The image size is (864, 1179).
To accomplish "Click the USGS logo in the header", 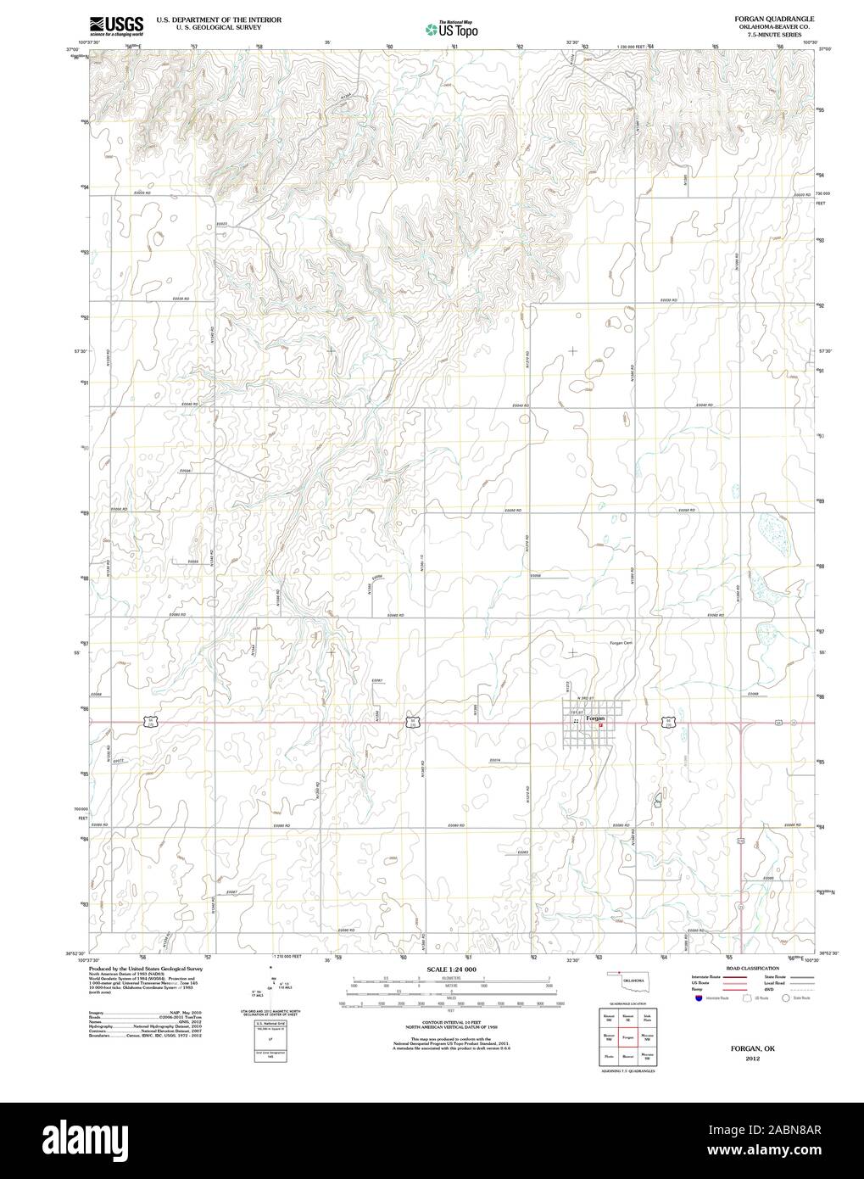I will (x=115, y=25).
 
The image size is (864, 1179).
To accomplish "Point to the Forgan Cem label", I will (x=622, y=643).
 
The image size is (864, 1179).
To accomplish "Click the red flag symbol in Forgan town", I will (x=601, y=725).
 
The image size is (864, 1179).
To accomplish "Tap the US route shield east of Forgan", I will (x=668, y=722).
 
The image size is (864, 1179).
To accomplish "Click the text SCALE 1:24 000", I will (x=450, y=969).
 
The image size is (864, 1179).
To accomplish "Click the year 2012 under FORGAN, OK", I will (x=753, y=1058).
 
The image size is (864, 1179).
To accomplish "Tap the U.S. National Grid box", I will (x=267, y=1025).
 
